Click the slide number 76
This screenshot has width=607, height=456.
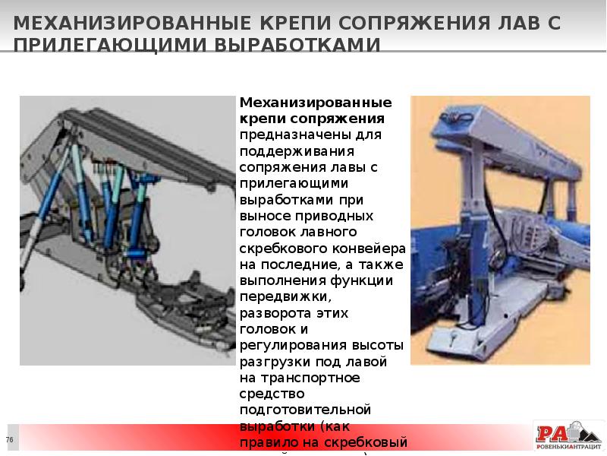point(10,441)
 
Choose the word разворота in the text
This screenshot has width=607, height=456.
point(274,312)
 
